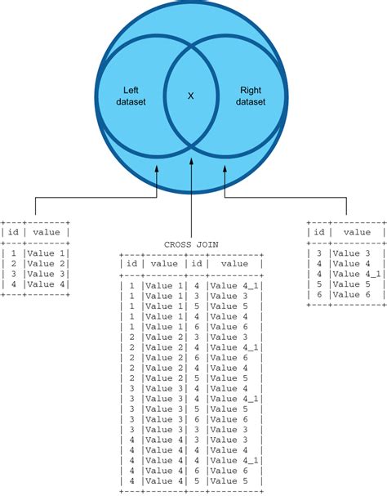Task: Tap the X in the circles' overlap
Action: tap(191, 96)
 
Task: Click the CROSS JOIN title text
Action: tap(191, 244)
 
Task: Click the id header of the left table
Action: tap(12, 232)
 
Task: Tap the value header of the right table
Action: tap(357, 232)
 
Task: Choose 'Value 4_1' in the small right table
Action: tap(356, 274)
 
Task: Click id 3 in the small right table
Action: tap(319, 252)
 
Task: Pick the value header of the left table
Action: tap(46, 232)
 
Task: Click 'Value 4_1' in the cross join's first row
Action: tap(234, 285)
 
